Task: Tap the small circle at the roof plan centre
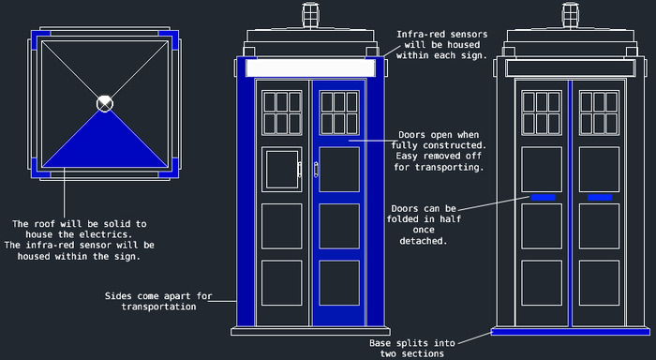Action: [x=105, y=103]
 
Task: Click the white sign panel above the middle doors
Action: [x=310, y=67]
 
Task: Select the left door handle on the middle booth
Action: [x=300, y=170]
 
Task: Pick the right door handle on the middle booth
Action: [x=316, y=170]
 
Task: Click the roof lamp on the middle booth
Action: [x=310, y=16]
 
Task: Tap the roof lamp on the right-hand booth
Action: [x=570, y=16]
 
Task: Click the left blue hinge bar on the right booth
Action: [x=543, y=198]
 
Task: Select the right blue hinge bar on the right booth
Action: [x=600, y=198]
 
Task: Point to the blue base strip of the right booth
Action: [x=570, y=332]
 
